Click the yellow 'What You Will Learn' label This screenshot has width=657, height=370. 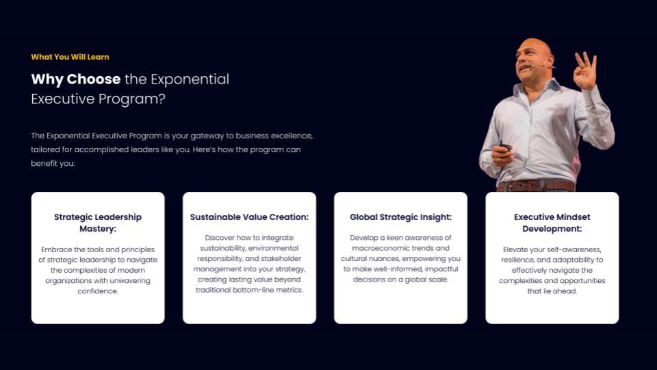pyautogui.click(x=70, y=57)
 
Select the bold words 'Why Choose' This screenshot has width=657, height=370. pyautogui.click(x=76, y=79)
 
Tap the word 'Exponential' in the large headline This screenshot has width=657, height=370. pyautogui.click(x=190, y=79)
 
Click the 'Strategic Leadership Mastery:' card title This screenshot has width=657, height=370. pyautogui.click(x=98, y=223)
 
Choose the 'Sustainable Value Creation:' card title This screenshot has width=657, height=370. pyautogui.click(x=249, y=217)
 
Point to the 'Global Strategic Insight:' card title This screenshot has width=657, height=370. pyautogui.click(x=400, y=217)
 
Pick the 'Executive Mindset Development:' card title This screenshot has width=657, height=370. pyautogui.click(x=552, y=223)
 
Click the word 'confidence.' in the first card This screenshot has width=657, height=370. pyautogui.click(x=98, y=291)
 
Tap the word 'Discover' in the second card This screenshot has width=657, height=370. pyautogui.click(x=220, y=238)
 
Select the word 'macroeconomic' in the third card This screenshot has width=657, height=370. pyautogui.click(x=378, y=248)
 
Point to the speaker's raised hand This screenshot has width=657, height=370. pyautogui.click(x=585, y=71)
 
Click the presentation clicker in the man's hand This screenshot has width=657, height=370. pyautogui.click(x=504, y=147)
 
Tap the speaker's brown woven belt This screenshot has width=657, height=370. pyautogui.click(x=537, y=186)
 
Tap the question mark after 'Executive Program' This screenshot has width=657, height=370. pyautogui.click(x=162, y=99)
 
